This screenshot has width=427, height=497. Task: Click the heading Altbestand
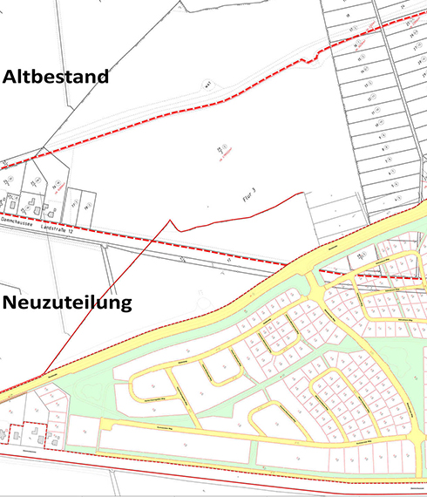click(56, 77)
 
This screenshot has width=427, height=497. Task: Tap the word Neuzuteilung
click(67, 303)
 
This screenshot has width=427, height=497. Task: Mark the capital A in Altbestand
click(10, 77)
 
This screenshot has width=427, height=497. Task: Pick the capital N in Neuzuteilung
click(10, 303)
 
